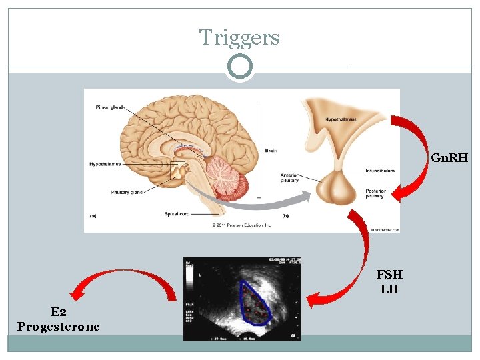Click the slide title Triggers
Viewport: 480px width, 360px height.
pyautogui.click(x=239, y=37)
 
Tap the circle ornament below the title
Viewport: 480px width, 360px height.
pyautogui.click(x=239, y=67)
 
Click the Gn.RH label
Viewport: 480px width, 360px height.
pyautogui.click(x=449, y=159)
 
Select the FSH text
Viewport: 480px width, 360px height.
pyautogui.click(x=389, y=275)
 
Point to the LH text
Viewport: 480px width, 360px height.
pyautogui.click(x=389, y=289)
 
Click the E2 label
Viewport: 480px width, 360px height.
pyautogui.click(x=58, y=311)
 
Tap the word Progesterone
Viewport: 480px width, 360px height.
pyautogui.click(x=59, y=327)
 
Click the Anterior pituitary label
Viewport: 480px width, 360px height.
pyautogui.click(x=290, y=177)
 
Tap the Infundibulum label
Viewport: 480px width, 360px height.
pyautogui.click(x=379, y=171)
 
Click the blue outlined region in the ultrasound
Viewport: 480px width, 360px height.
pyautogui.click(x=255, y=303)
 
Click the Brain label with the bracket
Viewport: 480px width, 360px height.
pyautogui.click(x=270, y=151)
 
